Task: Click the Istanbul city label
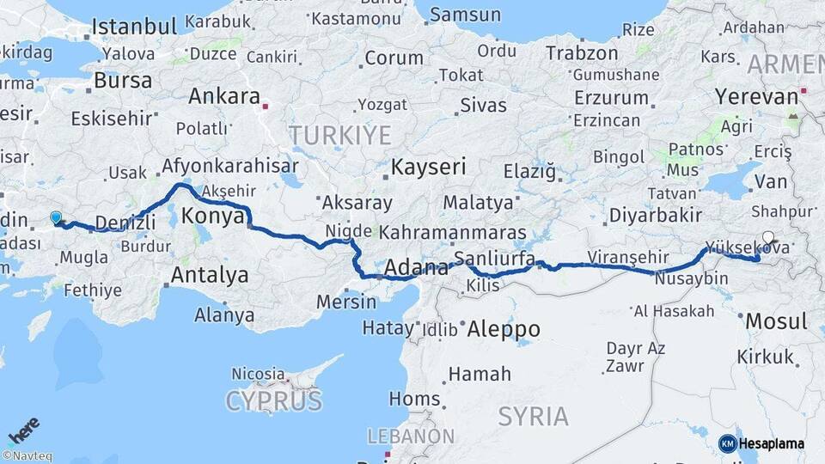click(128, 26)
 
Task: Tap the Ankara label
click(224, 96)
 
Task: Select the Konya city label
click(214, 216)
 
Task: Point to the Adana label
click(417, 267)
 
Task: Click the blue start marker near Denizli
click(56, 218)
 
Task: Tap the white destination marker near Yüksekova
click(767, 238)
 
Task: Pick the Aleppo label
click(503, 328)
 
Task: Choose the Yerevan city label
click(756, 96)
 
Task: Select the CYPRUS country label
click(273, 400)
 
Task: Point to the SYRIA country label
click(533, 417)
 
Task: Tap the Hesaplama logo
click(763, 443)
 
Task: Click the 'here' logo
click(24, 427)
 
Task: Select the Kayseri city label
click(428, 166)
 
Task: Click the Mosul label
click(777, 321)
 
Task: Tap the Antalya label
click(210, 276)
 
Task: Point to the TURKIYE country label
click(339, 135)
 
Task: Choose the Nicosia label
click(258, 374)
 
